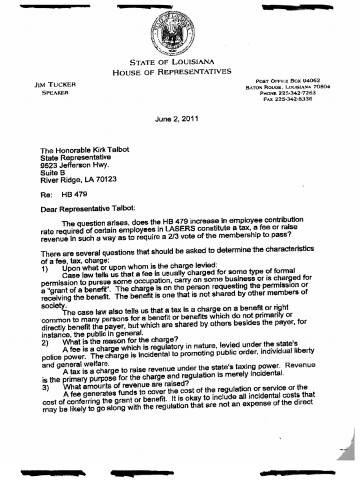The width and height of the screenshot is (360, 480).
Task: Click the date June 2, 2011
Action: click(x=177, y=119)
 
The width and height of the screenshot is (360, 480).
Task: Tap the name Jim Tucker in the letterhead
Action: click(x=55, y=85)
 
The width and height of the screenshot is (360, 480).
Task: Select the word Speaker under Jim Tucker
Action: click(x=55, y=93)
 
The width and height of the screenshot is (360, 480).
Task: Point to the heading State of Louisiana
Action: click(x=172, y=62)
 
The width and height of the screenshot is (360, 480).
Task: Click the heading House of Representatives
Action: click(x=172, y=72)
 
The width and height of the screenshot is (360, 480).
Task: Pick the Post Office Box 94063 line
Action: click(x=288, y=81)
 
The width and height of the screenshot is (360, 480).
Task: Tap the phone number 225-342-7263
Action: click(x=294, y=93)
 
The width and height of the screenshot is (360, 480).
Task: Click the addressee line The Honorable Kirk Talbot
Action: click(x=84, y=150)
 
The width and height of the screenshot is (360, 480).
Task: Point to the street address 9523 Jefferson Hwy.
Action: click(x=75, y=165)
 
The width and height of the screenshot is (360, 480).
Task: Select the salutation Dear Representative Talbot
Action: click(x=88, y=209)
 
